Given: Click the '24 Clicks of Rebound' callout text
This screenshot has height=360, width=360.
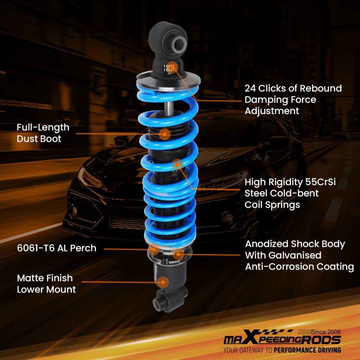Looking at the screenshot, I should [x=293, y=89].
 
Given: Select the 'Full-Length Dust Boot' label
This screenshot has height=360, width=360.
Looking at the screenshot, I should [x=43, y=133].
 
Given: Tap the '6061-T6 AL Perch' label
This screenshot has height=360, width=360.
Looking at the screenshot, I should [x=57, y=248].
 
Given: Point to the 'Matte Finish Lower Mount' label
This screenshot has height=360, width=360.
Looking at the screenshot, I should [x=46, y=284].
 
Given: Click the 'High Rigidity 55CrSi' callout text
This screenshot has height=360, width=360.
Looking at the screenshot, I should [x=290, y=182].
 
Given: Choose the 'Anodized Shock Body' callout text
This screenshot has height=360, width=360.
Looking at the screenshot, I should [x=295, y=244].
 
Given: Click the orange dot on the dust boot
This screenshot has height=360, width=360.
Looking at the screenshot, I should [x=165, y=134].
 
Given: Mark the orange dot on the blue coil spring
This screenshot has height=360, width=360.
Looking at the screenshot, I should [x=177, y=165].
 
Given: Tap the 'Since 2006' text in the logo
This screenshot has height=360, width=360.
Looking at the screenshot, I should [x=325, y=332].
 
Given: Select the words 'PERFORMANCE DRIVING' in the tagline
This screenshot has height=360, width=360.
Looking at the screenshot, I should [x=307, y=350].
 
